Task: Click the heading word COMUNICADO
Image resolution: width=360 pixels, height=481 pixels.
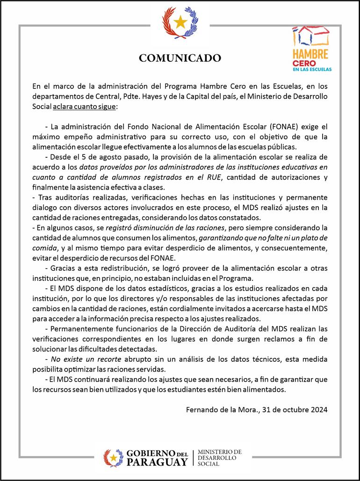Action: click(x=180, y=58)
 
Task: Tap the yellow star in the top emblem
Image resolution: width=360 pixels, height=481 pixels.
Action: click(x=180, y=21)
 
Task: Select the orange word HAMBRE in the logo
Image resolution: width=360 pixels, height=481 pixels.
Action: click(x=310, y=54)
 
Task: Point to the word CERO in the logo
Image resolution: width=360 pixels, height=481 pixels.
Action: click(x=303, y=63)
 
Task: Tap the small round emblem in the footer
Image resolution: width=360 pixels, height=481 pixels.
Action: click(x=113, y=457)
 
